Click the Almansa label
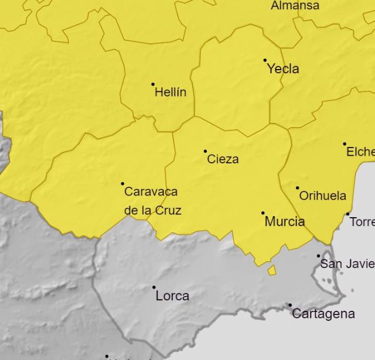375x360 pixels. (x=295, y=6)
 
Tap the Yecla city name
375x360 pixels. (x=283, y=69)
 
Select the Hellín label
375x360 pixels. (x=171, y=92)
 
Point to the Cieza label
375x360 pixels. (x=223, y=159)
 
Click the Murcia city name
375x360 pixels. (x=285, y=222)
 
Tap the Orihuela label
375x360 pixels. (x=323, y=196)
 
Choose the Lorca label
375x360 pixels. (x=172, y=296)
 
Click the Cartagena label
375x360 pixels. (x=323, y=314)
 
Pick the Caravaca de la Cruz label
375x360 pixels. (x=152, y=201)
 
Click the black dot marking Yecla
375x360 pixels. (x=265, y=60)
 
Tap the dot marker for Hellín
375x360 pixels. (x=153, y=84)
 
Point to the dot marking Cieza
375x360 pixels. (x=205, y=151)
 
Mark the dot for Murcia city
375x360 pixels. (x=262, y=213)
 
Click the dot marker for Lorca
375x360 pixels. (x=154, y=287)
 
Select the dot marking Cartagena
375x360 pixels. (x=290, y=305)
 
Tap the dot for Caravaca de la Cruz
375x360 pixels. (x=122, y=184)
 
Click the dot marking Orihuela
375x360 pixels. (x=297, y=188)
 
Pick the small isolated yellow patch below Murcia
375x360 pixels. (x=272, y=270)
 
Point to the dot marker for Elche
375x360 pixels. (x=345, y=144)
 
